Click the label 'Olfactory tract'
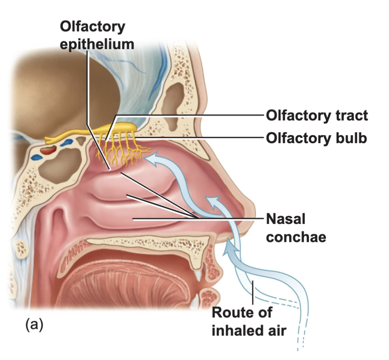[317, 116]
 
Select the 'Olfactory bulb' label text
[316, 138]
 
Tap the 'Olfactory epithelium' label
[97, 35]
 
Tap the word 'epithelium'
[97, 43]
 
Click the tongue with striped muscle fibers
[135, 283]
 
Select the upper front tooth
[200, 275]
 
